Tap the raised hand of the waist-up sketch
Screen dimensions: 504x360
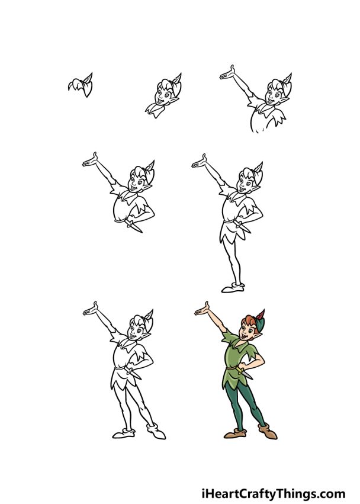(x=91, y=160)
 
